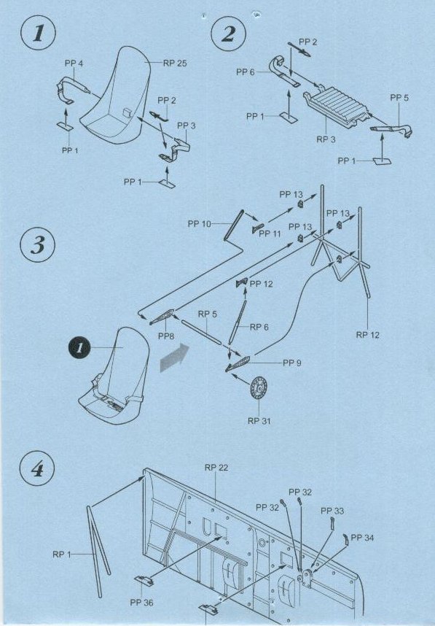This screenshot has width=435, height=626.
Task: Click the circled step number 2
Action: point(229,33)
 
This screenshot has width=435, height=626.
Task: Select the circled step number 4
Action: point(37,468)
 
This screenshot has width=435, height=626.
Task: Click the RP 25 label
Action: point(175,63)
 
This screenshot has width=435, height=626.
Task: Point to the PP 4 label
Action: point(74,63)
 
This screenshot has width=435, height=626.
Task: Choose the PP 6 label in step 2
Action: point(246,72)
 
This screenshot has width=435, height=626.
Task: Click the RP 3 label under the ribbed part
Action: point(326,139)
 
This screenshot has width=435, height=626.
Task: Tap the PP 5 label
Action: point(399,98)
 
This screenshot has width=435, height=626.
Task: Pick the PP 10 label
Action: point(200,224)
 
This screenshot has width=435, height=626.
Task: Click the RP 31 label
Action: point(259,421)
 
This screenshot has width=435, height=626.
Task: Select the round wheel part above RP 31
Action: point(259,387)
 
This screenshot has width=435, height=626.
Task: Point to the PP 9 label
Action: point(292,363)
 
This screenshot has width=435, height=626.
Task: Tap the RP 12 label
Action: point(368,335)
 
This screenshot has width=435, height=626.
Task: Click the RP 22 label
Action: point(216,468)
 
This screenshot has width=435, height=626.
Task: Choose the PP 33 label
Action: point(332,511)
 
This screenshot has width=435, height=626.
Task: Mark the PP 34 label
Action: point(362,538)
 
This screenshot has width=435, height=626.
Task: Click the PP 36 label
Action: point(141,603)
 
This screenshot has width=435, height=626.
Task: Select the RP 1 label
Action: point(62,554)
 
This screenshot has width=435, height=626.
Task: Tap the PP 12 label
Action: point(261,284)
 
